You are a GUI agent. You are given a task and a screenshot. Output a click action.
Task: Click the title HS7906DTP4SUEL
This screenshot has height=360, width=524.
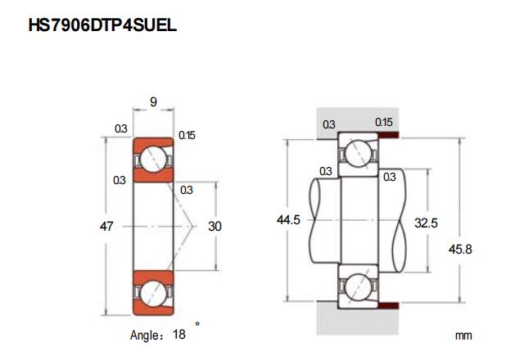102,25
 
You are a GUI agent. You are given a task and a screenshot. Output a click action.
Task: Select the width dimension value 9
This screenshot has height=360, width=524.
154,102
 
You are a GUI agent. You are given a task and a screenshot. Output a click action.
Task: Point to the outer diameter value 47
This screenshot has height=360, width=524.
106,225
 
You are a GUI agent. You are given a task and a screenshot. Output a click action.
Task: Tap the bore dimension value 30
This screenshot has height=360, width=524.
215,225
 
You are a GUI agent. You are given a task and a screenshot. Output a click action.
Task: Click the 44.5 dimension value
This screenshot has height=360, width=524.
289,221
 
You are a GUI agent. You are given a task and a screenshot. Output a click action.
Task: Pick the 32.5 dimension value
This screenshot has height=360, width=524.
427,222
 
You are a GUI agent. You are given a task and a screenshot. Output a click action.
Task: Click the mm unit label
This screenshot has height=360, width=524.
463,335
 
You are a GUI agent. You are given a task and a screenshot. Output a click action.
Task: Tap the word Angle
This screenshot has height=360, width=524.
147,335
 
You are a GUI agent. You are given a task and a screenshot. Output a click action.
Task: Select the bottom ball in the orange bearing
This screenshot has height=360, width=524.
153,291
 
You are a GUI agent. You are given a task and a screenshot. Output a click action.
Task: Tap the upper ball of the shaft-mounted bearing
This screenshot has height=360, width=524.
358,153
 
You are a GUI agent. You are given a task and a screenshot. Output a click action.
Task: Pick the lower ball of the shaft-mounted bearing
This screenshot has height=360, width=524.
358,289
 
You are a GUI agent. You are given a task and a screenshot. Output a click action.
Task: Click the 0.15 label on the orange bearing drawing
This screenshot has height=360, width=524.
186,135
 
